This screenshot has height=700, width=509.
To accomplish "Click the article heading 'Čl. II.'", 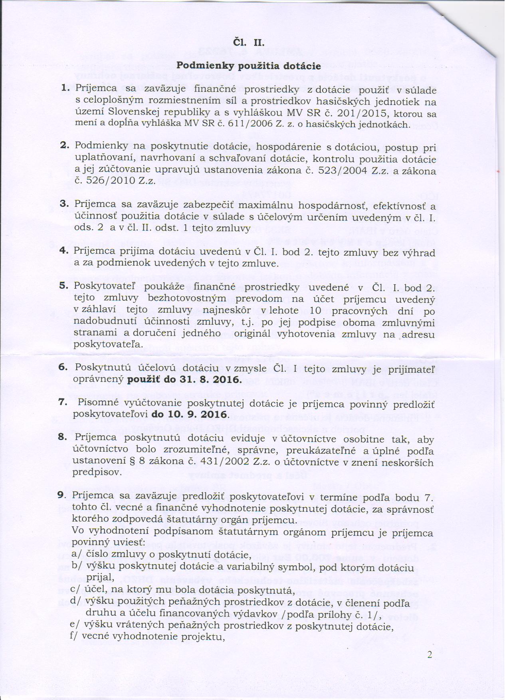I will (249, 42).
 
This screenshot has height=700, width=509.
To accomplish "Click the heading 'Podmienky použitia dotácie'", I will (249, 65).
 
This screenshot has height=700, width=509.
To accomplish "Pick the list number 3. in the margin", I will (65, 203).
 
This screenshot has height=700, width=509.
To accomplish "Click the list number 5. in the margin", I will (65, 286).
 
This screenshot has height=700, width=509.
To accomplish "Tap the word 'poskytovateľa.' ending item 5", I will (108, 344).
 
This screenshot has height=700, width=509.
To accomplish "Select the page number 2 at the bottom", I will (430, 655).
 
